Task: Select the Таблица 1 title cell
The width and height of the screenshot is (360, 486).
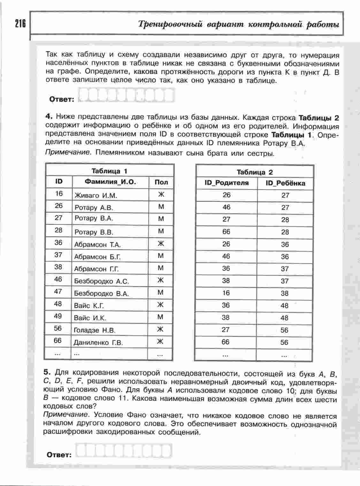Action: [x=110, y=171]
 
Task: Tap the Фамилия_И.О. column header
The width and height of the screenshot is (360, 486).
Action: [x=110, y=182]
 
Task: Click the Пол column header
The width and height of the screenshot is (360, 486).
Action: [x=161, y=182]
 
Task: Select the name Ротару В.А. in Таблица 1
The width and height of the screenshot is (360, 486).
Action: [x=94, y=219]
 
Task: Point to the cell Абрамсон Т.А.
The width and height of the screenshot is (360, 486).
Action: [x=97, y=245]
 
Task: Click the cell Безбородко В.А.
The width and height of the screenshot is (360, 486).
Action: [x=101, y=293]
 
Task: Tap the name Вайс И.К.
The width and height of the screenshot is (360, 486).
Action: [x=90, y=318]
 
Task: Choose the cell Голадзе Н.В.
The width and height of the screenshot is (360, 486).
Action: [x=95, y=330]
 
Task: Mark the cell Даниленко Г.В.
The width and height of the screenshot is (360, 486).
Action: [x=98, y=343]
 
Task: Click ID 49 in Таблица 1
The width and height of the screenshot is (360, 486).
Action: [x=58, y=316]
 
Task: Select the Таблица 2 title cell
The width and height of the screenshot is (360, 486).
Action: [x=255, y=172]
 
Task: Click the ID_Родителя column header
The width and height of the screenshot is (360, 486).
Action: [x=226, y=183]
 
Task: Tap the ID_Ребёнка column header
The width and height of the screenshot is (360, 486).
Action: [x=285, y=183]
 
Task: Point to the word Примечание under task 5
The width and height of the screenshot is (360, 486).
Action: [x=65, y=415]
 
